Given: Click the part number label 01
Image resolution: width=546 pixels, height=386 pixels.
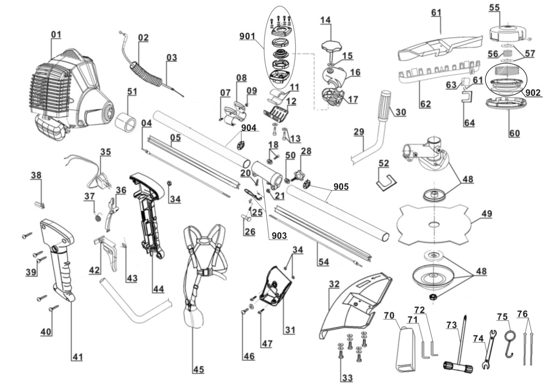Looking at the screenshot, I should [x=56, y=35].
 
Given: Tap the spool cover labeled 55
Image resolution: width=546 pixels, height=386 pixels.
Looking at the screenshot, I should [x=506, y=32].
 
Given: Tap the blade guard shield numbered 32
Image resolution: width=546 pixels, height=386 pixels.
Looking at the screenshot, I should [x=355, y=304].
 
